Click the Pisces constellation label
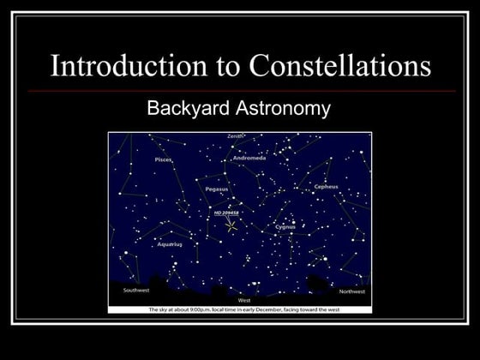click(163, 159)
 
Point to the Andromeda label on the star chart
click(249, 159)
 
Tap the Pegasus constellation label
click(217, 189)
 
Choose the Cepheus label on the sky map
click(326, 186)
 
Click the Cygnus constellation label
click(285, 227)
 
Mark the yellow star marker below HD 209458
click(231, 226)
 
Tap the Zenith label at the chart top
click(235, 136)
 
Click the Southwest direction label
click(135, 291)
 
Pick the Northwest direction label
click(351, 291)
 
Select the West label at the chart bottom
click(244, 301)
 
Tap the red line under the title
click(240, 90)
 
